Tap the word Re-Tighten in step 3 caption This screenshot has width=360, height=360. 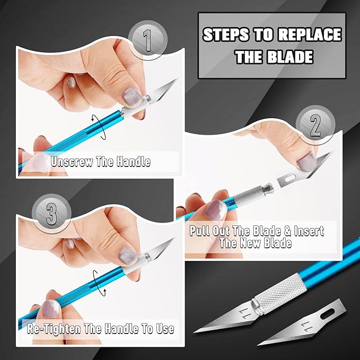[52, 329]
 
